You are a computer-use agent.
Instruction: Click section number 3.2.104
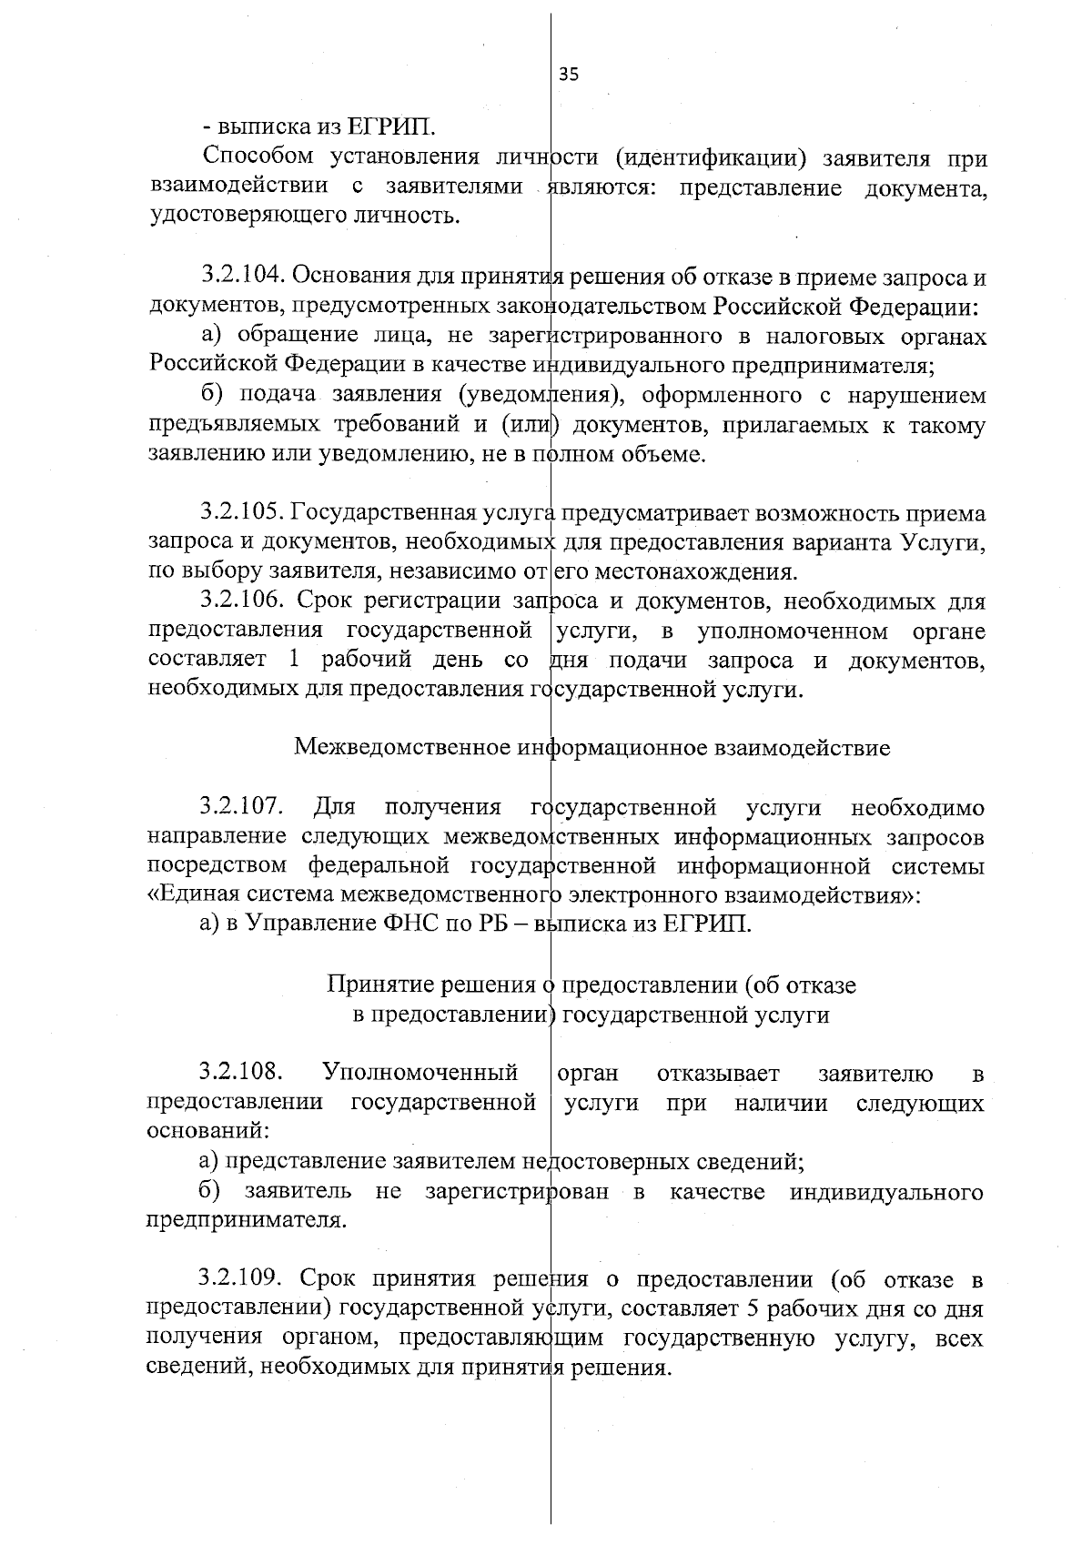[x=241, y=276]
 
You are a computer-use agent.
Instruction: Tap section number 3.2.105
[x=241, y=513]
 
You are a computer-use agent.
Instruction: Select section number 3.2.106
[x=241, y=601]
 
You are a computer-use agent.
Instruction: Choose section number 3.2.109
[x=241, y=1280]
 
